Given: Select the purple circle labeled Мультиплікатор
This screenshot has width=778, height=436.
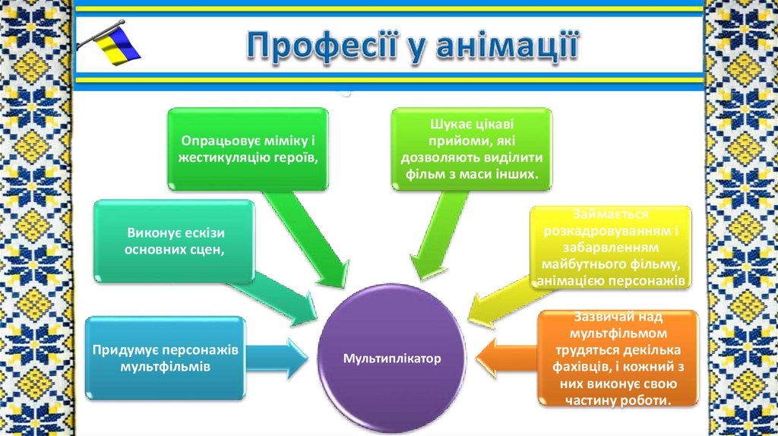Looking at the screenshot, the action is tap(392, 358).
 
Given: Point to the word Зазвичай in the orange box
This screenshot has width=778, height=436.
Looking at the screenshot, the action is tap(592, 319).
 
